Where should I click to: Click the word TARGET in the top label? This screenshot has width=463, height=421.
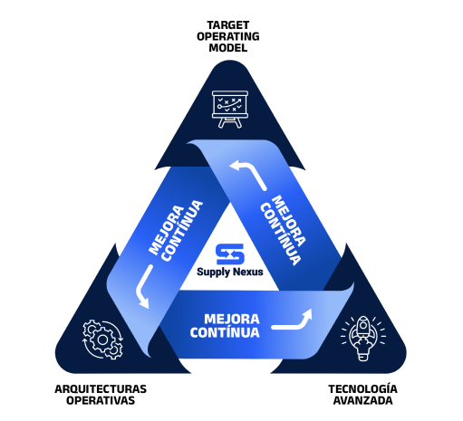coord(228,25)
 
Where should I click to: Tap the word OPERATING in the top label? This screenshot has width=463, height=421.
coord(228,36)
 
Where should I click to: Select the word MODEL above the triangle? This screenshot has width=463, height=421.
coord(228,48)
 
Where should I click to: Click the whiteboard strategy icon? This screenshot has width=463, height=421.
coord(230,110)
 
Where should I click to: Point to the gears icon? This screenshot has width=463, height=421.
coord(102,340)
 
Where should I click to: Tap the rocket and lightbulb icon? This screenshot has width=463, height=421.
coord(363,338)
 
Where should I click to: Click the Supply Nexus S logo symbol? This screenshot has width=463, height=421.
coord(230,254)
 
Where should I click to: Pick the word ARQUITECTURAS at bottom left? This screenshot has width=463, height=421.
coord(101,389)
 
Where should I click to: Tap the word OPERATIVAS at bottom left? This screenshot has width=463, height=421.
coord(101,400)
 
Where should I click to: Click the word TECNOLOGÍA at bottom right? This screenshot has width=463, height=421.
coord(362,388)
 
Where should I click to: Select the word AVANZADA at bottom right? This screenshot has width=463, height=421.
coord(362,400)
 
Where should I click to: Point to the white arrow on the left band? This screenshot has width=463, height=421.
coord(142,288)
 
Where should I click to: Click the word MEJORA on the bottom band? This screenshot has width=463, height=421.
coord(232,319)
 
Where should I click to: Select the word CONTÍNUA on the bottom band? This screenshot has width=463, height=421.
coord(225,332)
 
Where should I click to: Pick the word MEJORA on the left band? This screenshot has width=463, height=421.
coord(167,230)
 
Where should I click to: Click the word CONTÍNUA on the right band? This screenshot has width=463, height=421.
coord(280,234)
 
